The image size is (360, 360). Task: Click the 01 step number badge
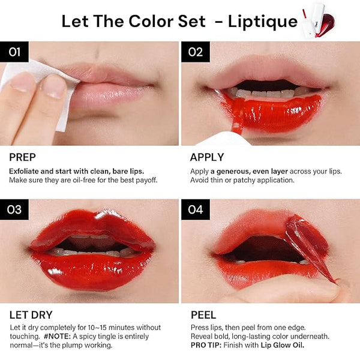click(14, 52)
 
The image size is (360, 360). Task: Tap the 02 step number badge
click(196, 52)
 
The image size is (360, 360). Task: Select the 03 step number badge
click(14, 209)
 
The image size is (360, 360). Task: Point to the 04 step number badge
click(196, 209)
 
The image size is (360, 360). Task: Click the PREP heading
click(23, 157)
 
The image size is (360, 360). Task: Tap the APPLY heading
click(207, 157)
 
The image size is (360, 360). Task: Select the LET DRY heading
click(31, 315)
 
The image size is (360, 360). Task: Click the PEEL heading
click(203, 315)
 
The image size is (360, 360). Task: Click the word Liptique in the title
click(263, 22)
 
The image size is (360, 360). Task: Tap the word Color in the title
click(150, 22)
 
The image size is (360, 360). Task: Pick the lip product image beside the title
click(318, 20)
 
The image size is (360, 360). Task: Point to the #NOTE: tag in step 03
click(58, 337)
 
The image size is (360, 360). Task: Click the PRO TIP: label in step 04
click(206, 345)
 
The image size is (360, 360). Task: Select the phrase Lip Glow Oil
click(283, 345)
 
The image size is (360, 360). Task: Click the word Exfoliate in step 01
click(24, 171)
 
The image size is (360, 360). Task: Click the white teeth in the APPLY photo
click(264, 93)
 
